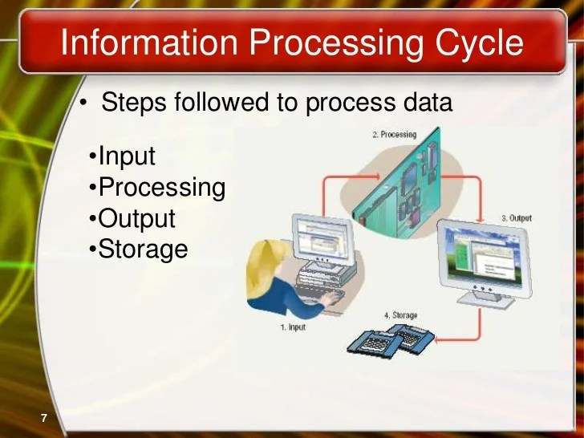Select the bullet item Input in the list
(125, 156)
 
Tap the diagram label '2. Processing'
(394, 135)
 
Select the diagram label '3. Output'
(516, 218)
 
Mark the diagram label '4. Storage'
(401, 315)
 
